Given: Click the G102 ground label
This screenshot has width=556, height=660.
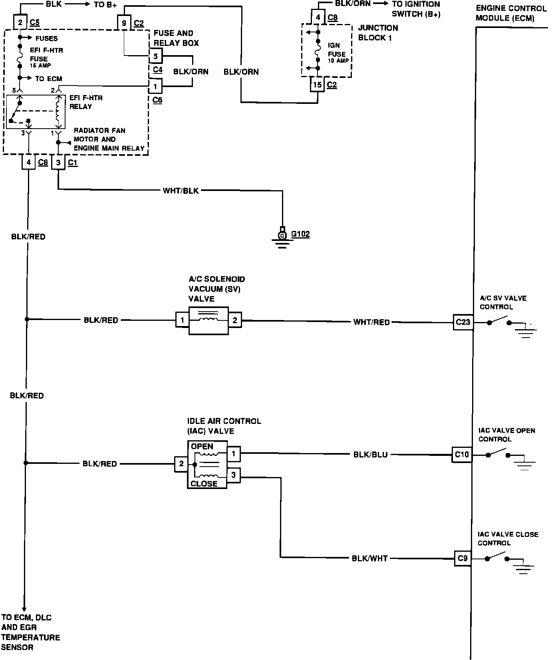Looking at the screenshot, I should pyautogui.click(x=300, y=234).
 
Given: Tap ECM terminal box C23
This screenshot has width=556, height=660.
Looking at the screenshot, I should pyautogui.click(x=463, y=322).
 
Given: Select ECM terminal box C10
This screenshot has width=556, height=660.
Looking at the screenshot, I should pyautogui.click(x=462, y=455).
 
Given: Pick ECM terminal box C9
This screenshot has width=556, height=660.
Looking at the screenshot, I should pyautogui.click(x=463, y=559).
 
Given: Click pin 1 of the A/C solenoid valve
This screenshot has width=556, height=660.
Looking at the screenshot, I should pyautogui.click(x=183, y=320).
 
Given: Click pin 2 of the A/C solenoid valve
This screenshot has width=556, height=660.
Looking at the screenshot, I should pyautogui.click(x=235, y=320).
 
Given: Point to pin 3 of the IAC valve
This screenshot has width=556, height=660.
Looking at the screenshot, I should pyautogui.click(x=234, y=475).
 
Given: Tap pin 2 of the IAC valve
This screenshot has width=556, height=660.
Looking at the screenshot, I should pyautogui.click(x=181, y=464).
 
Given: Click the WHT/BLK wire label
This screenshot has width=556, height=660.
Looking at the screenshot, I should pyautogui.click(x=181, y=191).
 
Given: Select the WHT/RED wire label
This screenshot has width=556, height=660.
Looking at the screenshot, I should pyautogui.click(x=371, y=322).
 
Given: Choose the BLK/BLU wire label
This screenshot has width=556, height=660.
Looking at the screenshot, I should pyautogui.click(x=370, y=455).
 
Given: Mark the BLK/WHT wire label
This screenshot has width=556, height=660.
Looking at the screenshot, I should pyautogui.click(x=369, y=559).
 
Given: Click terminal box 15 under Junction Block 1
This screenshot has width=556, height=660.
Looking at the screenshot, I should pyautogui.click(x=318, y=85).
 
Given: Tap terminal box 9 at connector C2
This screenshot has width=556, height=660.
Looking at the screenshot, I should pyautogui.click(x=124, y=23).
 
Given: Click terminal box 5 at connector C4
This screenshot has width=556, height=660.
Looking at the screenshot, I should pyautogui.click(x=156, y=56).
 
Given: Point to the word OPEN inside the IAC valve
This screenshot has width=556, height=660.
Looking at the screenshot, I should pyautogui.click(x=202, y=447).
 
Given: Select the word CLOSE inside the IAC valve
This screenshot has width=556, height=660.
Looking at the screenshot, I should pyautogui.click(x=204, y=484).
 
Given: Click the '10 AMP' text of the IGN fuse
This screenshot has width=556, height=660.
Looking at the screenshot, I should pyautogui.click(x=338, y=61).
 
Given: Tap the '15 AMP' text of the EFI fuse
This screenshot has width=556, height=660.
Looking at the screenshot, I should pyautogui.click(x=40, y=66).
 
